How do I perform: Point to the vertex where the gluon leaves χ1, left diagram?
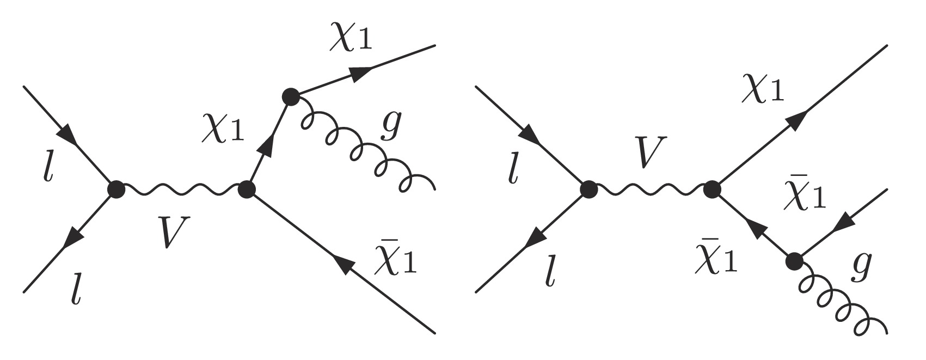(x=291, y=97)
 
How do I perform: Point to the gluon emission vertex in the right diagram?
(x=794, y=262)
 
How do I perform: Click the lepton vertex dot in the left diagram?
(x=116, y=190)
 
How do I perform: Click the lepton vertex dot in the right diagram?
(x=587, y=190)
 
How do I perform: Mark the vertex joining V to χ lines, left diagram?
(x=247, y=190)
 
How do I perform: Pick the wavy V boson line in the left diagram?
(x=181, y=190)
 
